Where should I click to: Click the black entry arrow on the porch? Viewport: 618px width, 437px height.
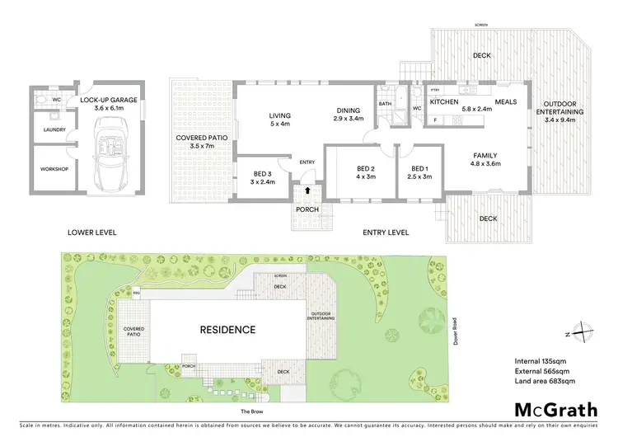307,190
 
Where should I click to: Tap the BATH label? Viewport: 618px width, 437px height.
385,104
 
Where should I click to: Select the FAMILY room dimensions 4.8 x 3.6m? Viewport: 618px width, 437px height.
485,162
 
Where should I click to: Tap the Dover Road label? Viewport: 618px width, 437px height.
456,331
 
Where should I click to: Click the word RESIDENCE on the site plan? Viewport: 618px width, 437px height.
227,329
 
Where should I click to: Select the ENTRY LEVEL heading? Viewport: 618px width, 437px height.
386,233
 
